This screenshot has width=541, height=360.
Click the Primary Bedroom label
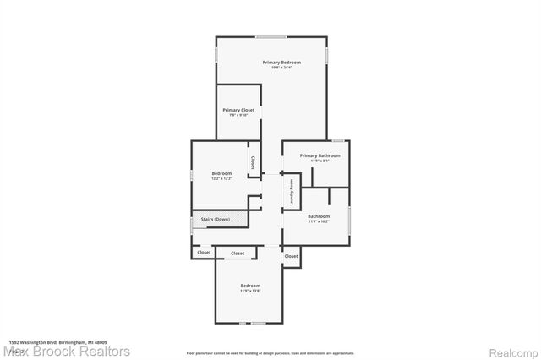281,63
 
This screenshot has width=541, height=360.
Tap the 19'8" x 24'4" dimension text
281,68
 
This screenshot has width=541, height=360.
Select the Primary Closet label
238,110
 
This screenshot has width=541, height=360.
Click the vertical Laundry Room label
292,192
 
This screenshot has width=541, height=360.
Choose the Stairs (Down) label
214,220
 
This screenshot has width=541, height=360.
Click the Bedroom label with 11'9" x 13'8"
250,286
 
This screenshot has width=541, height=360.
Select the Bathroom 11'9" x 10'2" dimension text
319,222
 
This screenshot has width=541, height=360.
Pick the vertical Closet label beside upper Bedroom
252,160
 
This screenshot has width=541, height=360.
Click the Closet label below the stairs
204,253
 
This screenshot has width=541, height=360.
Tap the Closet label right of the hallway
291,256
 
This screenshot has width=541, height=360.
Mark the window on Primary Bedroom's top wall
270,36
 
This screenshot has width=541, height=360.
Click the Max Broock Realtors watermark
66,351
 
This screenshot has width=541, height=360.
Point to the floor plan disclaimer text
270,353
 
